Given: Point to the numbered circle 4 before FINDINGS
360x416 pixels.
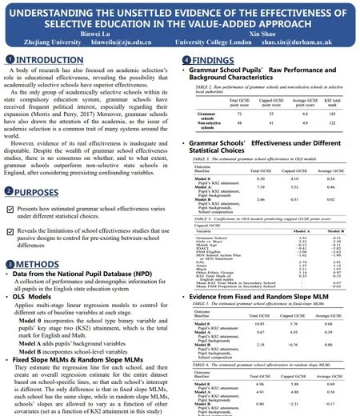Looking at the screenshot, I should (x=186, y=60).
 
